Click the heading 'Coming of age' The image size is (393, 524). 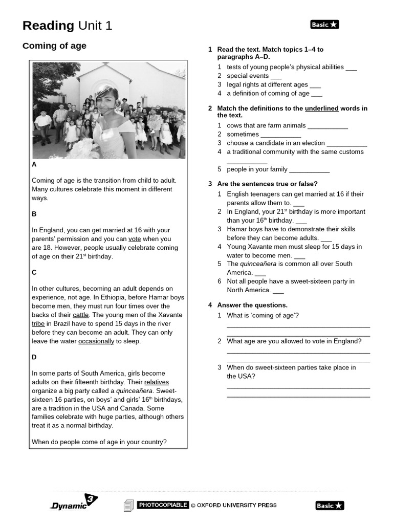tap(54, 46)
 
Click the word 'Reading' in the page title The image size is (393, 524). tap(48, 26)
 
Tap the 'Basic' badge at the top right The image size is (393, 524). tap(324, 25)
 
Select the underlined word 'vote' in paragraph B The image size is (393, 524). tap(135, 239)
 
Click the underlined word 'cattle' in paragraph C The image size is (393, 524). tap(80, 315)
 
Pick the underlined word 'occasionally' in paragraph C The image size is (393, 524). tap(96, 341)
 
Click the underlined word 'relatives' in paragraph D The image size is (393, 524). tap(157, 382)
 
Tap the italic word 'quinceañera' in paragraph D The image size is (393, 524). tap(135, 391)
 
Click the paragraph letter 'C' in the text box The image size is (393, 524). tap(34, 273)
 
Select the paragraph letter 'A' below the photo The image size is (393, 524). tap(34, 165)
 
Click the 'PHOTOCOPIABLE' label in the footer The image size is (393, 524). tap(163, 505)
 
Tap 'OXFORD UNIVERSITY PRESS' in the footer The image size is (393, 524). tap(237, 506)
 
